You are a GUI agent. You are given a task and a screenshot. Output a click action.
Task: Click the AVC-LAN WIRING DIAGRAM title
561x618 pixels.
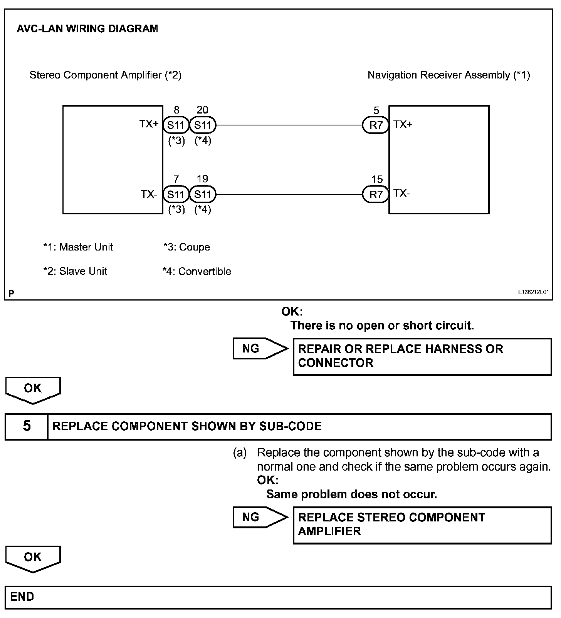(x=87, y=29)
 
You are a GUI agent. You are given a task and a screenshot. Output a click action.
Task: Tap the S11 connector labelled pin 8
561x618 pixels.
(x=176, y=125)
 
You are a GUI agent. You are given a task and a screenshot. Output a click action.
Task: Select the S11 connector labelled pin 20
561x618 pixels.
(x=203, y=125)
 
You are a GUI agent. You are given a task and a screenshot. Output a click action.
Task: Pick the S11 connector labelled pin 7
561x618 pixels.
(x=176, y=194)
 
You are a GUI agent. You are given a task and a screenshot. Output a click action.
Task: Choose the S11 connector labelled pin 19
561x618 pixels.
(x=203, y=194)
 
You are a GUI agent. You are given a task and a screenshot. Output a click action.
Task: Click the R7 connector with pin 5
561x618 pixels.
(x=376, y=125)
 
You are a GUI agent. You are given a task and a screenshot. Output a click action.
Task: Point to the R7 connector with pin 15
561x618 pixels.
(x=376, y=195)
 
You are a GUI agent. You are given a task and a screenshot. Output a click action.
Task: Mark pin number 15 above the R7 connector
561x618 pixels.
(x=377, y=179)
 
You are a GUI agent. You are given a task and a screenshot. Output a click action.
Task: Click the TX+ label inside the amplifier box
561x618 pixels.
(x=149, y=124)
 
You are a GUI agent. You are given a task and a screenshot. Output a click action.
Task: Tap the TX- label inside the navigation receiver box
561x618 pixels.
(x=401, y=193)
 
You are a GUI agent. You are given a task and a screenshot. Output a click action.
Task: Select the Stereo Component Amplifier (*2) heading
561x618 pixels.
(x=105, y=75)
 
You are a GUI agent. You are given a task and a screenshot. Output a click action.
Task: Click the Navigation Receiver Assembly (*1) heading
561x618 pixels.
(x=448, y=75)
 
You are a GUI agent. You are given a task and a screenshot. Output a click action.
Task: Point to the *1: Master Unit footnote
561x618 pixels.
(x=78, y=247)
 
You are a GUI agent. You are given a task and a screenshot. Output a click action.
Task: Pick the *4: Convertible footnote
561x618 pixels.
(x=197, y=271)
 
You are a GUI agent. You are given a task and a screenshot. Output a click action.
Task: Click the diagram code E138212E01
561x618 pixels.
(x=533, y=292)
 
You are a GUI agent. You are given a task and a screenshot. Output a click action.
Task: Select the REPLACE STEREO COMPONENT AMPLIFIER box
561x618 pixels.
(x=422, y=525)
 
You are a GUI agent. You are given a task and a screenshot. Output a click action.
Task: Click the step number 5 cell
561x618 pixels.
(x=27, y=426)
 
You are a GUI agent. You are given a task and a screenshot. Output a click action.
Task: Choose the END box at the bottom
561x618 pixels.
(x=278, y=597)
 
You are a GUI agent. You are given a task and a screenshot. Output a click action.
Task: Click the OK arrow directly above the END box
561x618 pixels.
(x=33, y=558)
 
